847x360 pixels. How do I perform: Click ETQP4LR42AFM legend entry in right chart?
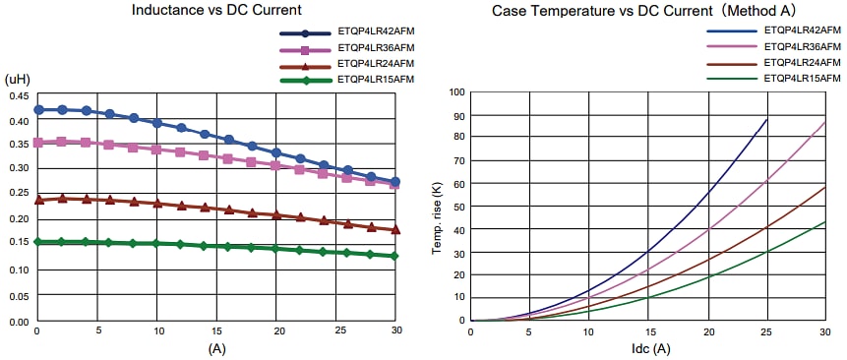tap(802, 31)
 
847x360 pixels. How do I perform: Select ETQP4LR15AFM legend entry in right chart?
tap(802, 78)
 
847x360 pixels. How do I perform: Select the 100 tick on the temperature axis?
tap(456, 92)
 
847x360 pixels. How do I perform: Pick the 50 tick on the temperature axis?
tap(459, 207)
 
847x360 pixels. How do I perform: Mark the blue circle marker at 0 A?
tap(38, 109)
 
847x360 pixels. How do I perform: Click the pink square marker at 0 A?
tap(38, 143)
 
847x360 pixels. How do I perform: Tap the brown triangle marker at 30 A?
tap(395, 229)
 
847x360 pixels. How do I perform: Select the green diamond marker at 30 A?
tap(395, 256)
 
